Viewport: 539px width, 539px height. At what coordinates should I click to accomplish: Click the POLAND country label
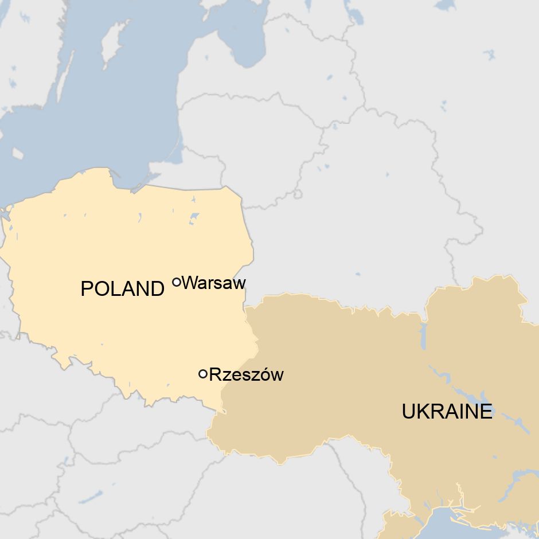click(x=122, y=288)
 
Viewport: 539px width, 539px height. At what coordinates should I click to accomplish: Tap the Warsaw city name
click(x=213, y=283)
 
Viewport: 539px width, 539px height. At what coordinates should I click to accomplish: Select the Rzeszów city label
click(x=246, y=375)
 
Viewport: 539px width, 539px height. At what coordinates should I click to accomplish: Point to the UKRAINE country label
click(x=447, y=411)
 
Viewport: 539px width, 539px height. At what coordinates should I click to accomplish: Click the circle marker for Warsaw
click(x=177, y=282)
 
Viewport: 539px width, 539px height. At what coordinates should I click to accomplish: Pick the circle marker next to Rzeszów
click(x=202, y=374)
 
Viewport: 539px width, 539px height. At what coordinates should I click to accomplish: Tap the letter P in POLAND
click(x=87, y=288)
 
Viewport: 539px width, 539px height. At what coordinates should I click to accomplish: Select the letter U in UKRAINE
click(x=408, y=411)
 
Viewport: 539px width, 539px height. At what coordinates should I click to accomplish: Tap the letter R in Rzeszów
click(x=214, y=375)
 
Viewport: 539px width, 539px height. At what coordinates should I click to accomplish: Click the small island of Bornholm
click(x=17, y=154)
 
